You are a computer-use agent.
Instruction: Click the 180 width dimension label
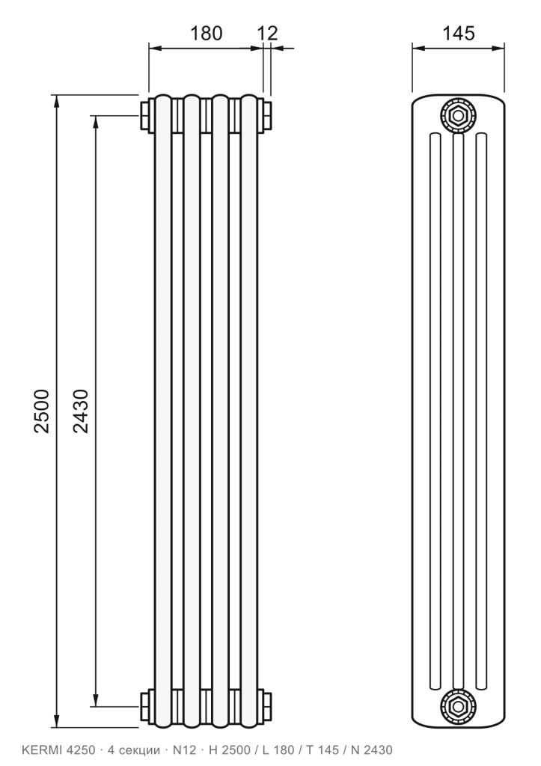pyautogui.click(x=206, y=33)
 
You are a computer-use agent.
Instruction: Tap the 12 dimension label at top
pyautogui.click(x=267, y=33)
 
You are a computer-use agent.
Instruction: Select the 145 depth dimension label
pyautogui.click(x=459, y=33)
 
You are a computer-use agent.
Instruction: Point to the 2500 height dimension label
pyautogui.click(x=42, y=411)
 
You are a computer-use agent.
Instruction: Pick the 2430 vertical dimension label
pyautogui.click(x=81, y=411)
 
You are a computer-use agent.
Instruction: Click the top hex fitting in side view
pyautogui.click(x=458, y=116)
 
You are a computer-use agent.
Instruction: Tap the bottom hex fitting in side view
pyautogui.click(x=458, y=706)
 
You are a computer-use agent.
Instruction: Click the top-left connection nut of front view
pyautogui.click(x=147, y=116)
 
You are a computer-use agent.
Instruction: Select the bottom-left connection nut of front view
pyautogui.click(x=147, y=706)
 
